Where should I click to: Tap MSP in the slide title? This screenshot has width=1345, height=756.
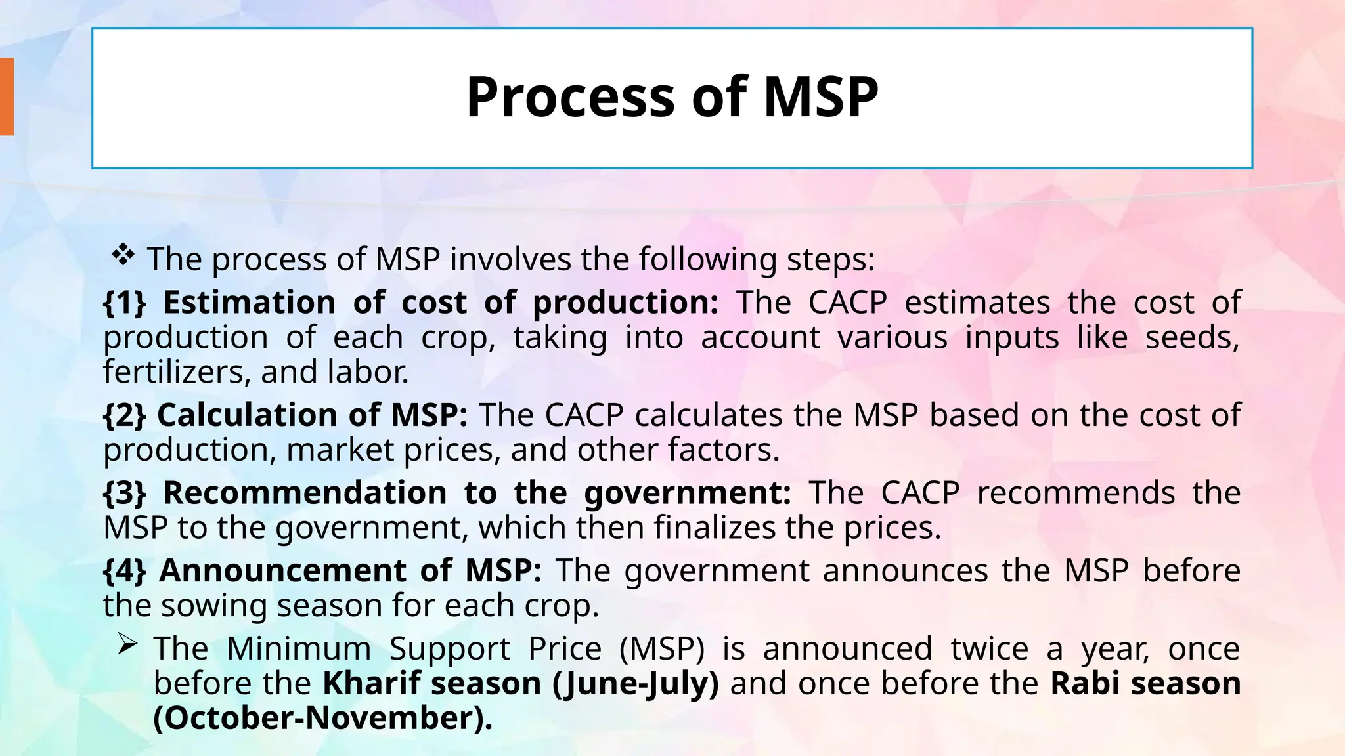pyautogui.click(x=820, y=98)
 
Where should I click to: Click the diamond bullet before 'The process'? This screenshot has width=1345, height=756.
pyautogui.click(x=123, y=255)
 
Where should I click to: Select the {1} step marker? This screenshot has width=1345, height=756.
pyautogui.click(x=125, y=303)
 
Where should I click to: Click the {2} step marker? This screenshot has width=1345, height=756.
pyautogui.click(x=125, y=415)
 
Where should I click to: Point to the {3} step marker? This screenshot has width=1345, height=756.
pyautogui.click(x=125, y=493)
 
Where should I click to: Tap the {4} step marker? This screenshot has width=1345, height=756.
pyautogui.click(x=125, y=570)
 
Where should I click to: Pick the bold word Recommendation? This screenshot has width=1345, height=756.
pyautogui.click(x=305, y=493)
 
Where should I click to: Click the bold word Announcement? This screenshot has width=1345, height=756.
pyautogui.click(x=282, y=570)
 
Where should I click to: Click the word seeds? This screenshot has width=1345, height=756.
pyautogui.click(x=1191, y=337)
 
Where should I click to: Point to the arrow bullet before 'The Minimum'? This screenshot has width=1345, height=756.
pyautogui.click(x=127, y=646)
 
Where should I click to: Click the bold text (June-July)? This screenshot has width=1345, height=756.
pyautogui.click(x=636, y=683)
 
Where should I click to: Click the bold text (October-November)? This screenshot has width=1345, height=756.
pyautogui.click(x=322, y=718)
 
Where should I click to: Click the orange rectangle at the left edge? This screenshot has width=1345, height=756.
pyautogui.click(x=7, y=96)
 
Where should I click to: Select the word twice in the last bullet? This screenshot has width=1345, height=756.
pyautogui.click(x=989, y=648)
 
